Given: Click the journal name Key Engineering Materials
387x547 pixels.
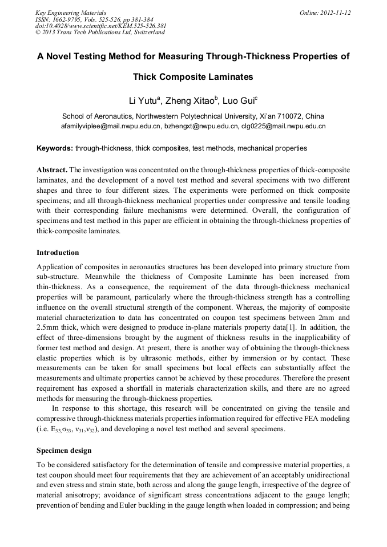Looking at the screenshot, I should (71, 13).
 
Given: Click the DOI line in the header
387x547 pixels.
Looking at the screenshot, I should (100, 26).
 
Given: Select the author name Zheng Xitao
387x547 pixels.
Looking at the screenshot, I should (191, 102).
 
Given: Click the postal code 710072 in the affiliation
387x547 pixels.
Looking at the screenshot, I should (284, 116).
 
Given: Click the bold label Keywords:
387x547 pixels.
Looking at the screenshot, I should (55, 148).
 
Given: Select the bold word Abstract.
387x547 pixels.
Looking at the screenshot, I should (52, 171).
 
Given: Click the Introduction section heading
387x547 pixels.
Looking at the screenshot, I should (58, 253).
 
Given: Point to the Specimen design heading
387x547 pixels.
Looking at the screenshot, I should (64, 451).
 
